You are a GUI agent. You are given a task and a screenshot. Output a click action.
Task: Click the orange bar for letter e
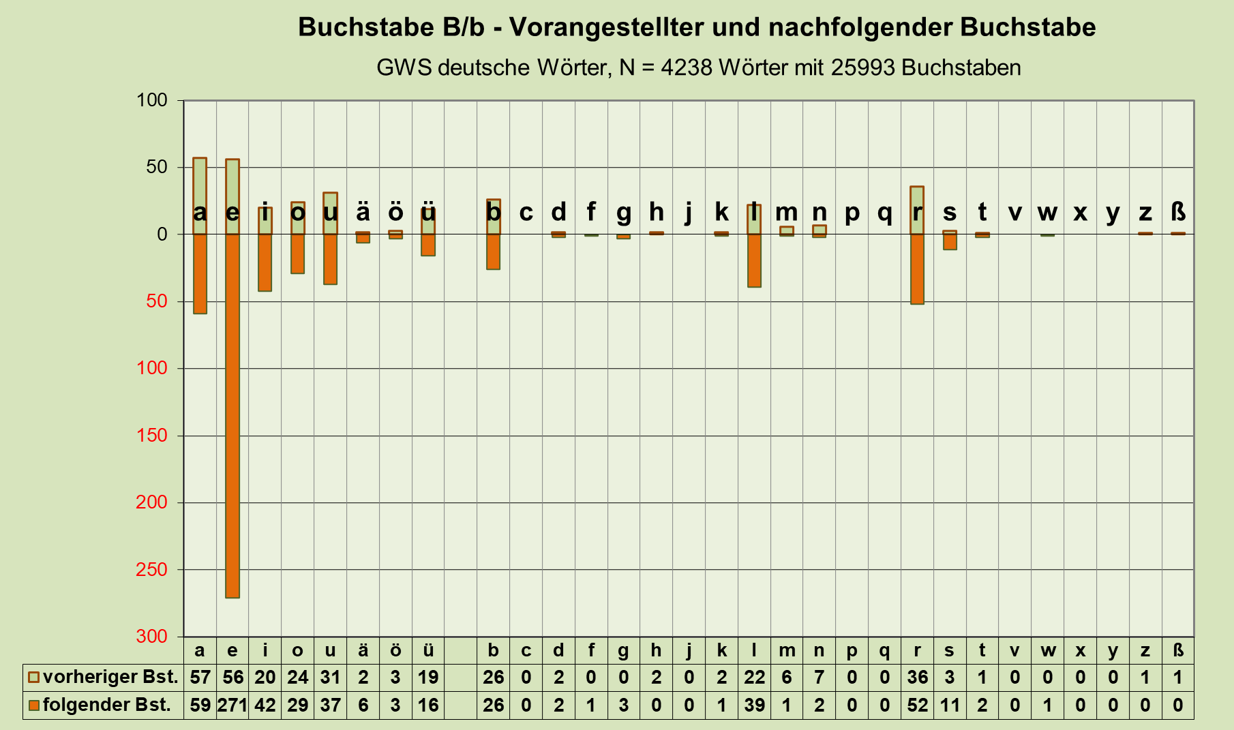232,416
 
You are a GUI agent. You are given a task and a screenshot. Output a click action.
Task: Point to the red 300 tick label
151,636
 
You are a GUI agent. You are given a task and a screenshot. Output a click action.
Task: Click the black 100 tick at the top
151,100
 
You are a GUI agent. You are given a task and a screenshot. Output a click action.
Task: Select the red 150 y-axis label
151,435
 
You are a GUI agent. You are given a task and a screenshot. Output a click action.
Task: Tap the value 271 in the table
232,705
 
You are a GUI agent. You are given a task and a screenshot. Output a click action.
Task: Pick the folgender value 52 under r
917,705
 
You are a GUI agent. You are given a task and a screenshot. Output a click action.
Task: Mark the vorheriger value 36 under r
917,678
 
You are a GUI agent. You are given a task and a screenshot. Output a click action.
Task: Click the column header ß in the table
1177,650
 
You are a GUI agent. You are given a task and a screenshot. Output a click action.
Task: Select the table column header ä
363,650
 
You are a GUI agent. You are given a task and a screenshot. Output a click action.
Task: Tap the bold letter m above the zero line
786,213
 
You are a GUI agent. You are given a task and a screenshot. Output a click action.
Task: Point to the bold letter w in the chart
1047,213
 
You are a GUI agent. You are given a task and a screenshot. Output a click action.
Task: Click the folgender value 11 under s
949,705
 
